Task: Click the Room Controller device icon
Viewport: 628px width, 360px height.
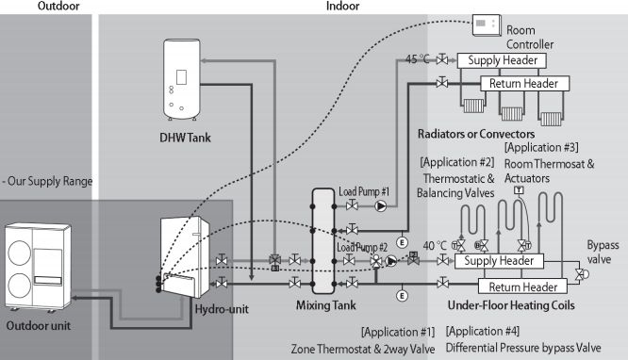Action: point(487,25)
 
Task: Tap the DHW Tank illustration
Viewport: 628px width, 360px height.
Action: point(181,79)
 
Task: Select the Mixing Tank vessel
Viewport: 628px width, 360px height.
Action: point(323,241)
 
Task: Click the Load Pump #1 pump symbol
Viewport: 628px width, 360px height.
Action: point(381,205)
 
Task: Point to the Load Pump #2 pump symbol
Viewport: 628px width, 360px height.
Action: point(391,261)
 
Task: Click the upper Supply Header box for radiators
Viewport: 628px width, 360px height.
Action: point(502,60)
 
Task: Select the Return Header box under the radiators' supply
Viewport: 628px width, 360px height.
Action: point(524,83)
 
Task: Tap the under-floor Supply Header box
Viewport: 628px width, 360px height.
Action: point(499,261)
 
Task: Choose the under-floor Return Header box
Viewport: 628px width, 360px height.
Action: point(522,286)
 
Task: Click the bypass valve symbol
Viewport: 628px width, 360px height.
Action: point(581,274)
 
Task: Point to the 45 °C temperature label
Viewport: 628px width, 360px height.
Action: point(418,59)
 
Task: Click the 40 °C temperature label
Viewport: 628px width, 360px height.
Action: point(435,245)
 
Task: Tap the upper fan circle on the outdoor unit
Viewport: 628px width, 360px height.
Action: point(19,254)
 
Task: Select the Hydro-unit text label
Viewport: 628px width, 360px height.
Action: point(222,309)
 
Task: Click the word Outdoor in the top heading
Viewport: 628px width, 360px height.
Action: point(58,6)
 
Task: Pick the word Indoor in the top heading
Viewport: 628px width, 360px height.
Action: point(342,6)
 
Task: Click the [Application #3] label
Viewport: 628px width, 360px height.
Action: point(541,147)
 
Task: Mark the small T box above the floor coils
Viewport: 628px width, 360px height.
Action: point(519,189)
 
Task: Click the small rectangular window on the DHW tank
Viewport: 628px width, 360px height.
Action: point(181,77)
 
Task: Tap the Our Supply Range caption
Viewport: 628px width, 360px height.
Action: point(48,181)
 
